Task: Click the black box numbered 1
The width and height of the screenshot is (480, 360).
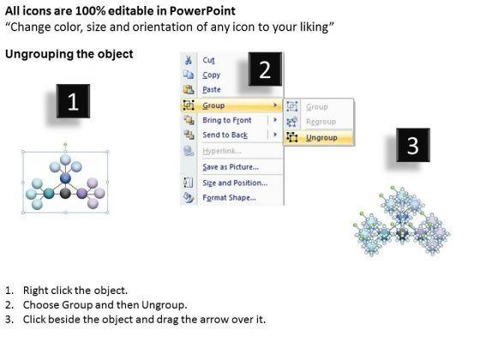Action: [x=73, y=101]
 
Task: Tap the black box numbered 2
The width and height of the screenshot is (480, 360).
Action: [x=265, y=69]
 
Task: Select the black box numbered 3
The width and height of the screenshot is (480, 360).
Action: [x=413, y=145]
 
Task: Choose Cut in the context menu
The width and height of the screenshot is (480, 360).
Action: [x=208, y=60]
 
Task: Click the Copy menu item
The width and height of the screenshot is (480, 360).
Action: [x=211, y=75]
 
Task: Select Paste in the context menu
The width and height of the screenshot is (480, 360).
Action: [x=212, y=90]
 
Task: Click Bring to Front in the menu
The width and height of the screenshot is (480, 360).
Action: [x=227, y=120]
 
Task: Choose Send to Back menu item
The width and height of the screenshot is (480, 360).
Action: [x=225, y=135]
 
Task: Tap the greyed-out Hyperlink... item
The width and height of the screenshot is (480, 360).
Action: [x=222, y=151]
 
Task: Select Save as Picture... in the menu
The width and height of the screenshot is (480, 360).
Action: [x=231, y=167]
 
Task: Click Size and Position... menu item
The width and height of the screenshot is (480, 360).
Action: [x=235, y=183]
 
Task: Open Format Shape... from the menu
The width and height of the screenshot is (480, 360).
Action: [x=230, y=198]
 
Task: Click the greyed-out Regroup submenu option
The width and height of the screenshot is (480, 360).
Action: [x=321, y=122]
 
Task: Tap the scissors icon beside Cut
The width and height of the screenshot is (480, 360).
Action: [x=189, y=60]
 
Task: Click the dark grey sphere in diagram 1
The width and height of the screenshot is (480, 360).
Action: [x=65, y=194]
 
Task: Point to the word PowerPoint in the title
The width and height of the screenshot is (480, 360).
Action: [x=202, y=11]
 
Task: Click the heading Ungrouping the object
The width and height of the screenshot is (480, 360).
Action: [x=69, y=54]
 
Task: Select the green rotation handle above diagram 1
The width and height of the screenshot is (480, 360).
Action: [x=65, y=144]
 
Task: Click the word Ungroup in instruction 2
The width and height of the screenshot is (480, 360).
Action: [x=164, y=305]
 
